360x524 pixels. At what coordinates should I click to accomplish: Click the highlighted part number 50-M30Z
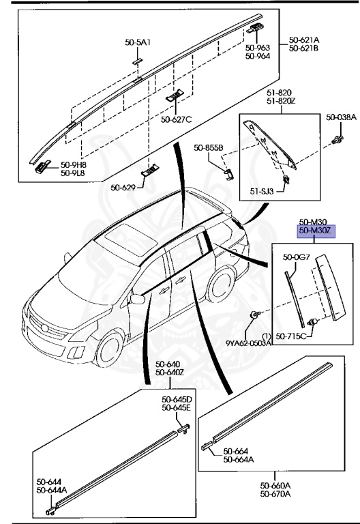pos(313,231)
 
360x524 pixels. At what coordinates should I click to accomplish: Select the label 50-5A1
pos(138,42)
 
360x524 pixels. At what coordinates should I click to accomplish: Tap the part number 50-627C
pos(177,119)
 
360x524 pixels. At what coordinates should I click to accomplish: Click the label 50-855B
pos(208,147)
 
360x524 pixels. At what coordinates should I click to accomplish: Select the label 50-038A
pos(341,117)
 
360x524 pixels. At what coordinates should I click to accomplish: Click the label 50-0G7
pos(296,257)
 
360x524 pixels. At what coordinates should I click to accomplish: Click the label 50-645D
pos(177,399)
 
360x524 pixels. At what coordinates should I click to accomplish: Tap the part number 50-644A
pos(52,490)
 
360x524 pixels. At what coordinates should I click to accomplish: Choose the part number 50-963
pos(258,48)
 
